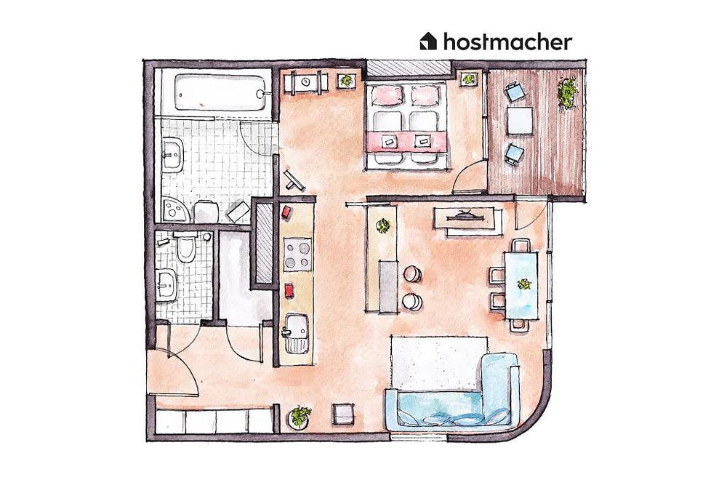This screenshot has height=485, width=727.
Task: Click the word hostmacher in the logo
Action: (x=507, y=41)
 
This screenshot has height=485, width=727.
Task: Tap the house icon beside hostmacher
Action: (x=429, y=41)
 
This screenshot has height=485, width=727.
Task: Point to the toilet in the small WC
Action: (x=185, y=249)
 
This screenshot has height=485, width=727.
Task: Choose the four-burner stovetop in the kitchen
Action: (x=297, y=254)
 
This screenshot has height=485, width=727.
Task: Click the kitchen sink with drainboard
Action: (x=295, y=334)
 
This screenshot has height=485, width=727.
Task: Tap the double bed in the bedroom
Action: (x=406, y=124)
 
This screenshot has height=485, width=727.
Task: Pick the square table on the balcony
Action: (x=521, y=121)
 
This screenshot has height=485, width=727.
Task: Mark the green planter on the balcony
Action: (x=566, y=93)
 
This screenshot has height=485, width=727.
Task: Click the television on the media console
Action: (x=467, y=215)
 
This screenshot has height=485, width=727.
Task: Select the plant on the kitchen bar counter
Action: (x=382, y=225)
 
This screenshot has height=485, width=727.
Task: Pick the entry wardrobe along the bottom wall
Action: (x=214, y=420)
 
